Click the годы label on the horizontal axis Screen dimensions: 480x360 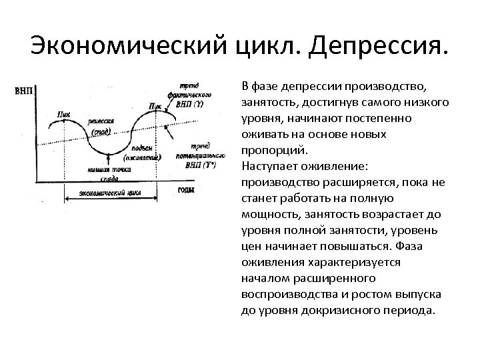coord(187,189)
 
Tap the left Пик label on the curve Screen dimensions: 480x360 coord(64,114)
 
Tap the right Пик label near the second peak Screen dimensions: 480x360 coord(154,105)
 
